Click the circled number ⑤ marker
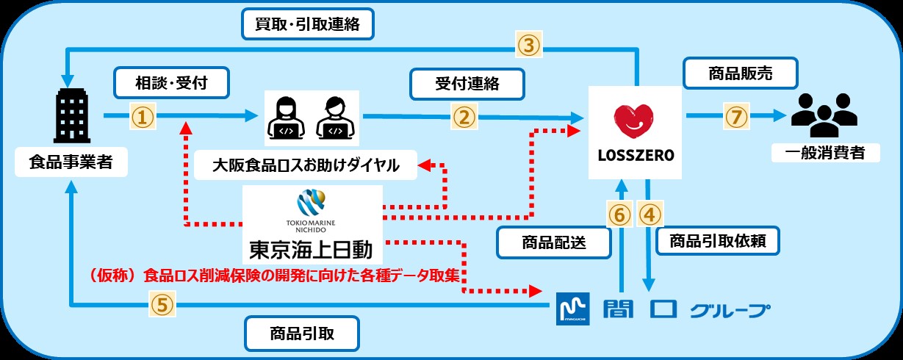[x=163, y=304]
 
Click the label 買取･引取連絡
[x=309, y=24]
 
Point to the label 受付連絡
[x=467, y=83]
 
